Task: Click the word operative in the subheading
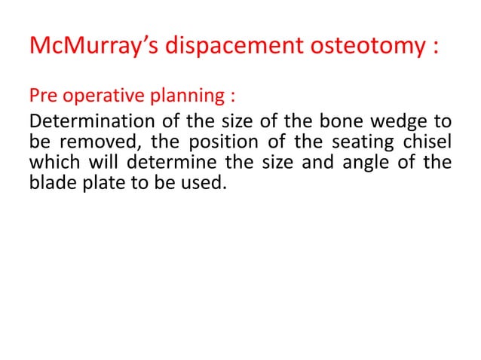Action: click(104, 96)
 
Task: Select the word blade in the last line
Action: click(48, 182)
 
